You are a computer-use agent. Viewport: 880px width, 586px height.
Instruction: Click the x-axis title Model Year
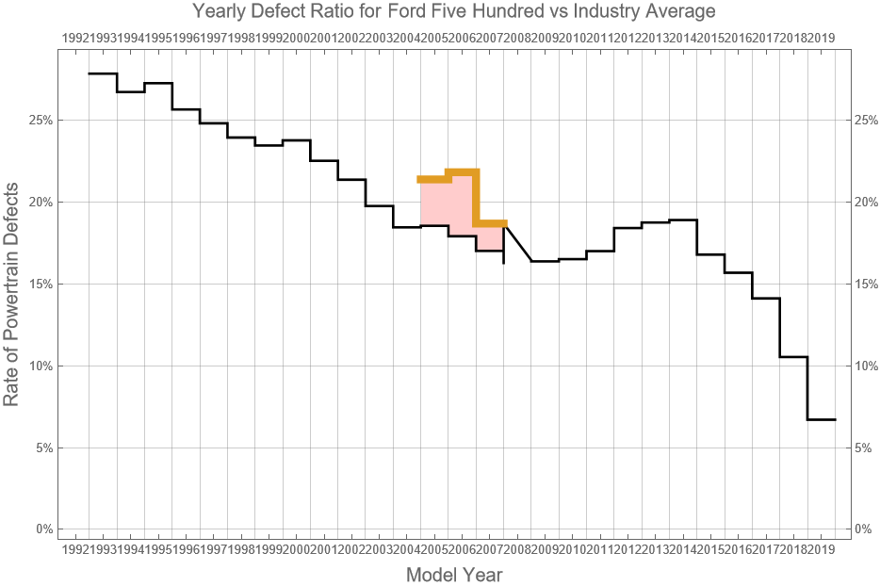453,575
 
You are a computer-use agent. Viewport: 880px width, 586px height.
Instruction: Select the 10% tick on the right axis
866,366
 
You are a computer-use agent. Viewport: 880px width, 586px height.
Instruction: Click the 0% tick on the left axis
43,529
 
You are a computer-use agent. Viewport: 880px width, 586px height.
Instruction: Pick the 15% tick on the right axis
866,284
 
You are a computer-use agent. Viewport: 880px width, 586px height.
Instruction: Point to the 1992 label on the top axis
75,38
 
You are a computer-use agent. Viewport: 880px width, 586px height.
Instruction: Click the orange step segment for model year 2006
462,171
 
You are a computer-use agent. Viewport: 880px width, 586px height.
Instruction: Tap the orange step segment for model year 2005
433,179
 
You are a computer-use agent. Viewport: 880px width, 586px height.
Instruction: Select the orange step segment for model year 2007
490,223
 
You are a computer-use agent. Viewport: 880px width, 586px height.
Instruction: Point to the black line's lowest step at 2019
822,419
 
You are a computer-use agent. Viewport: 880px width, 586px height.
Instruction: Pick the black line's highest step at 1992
103,73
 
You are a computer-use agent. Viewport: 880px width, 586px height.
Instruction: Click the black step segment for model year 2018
794,357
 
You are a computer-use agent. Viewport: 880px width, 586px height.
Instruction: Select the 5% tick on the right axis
863,448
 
